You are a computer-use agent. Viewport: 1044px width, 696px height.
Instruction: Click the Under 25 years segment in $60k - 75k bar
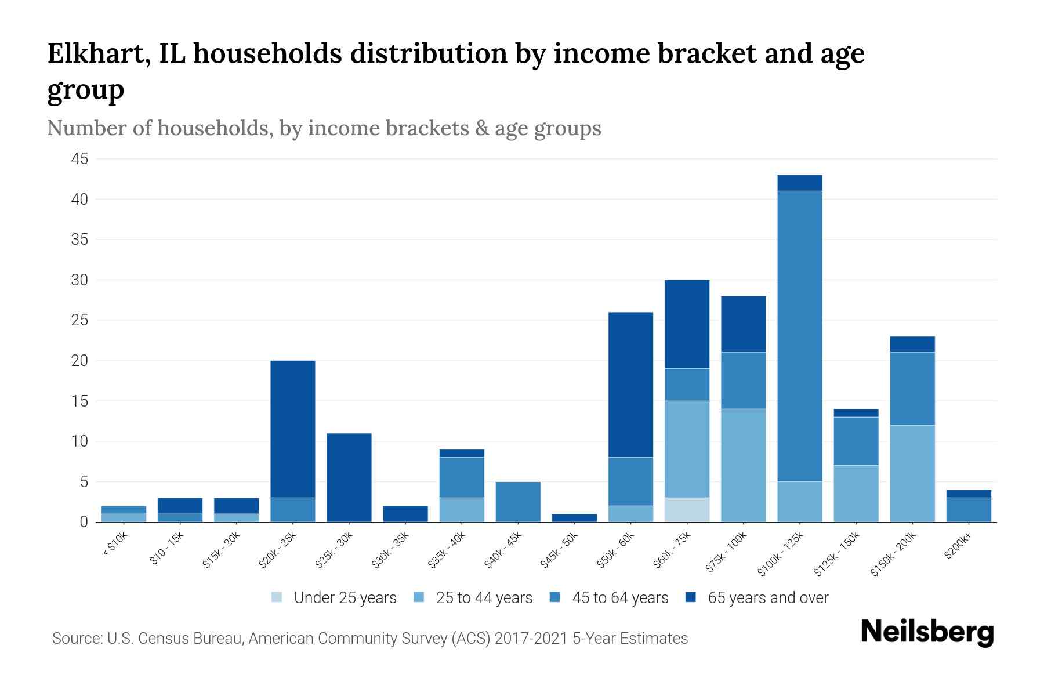click(x=687, y=510)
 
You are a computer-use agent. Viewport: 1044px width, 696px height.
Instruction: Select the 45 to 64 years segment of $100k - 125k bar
click(x=800, y=336)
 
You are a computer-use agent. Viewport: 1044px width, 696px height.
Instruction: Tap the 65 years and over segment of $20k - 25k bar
click(x=293, y=429)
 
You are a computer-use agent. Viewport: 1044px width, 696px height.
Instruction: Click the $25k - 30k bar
click(x=349, y=477)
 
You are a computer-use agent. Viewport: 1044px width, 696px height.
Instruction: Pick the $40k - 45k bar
click(x=518, y=502)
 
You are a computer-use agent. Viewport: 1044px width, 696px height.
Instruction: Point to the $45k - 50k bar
click(x=574, y=518)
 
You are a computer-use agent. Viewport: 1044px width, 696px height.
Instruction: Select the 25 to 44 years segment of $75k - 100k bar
click(x=744, y=465)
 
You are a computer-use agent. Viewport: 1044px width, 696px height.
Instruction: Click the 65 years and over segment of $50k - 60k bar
click(x=630, y=385)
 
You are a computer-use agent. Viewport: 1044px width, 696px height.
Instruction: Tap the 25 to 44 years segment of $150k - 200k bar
click(x=912, y=473)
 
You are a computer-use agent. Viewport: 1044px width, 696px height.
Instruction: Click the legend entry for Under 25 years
click(x=334, y=598)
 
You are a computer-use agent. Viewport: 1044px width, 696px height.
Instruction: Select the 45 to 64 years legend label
click(x=620, y=598)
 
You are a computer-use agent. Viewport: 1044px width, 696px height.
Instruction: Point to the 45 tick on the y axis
click(x=80, y=159)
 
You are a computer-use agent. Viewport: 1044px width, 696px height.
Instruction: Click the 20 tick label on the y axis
click(x=80, y=361)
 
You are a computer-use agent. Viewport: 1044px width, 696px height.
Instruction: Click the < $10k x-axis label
click(x=114, y=545)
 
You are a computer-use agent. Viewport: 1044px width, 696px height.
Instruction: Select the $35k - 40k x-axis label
click(x=447, y=550)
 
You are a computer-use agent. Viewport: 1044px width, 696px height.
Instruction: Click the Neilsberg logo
click(x=927, y=632)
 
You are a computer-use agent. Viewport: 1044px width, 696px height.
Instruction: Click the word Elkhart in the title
click(x=95, y=54)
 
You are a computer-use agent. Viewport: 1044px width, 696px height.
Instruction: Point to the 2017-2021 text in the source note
click(x=531, y=639)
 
